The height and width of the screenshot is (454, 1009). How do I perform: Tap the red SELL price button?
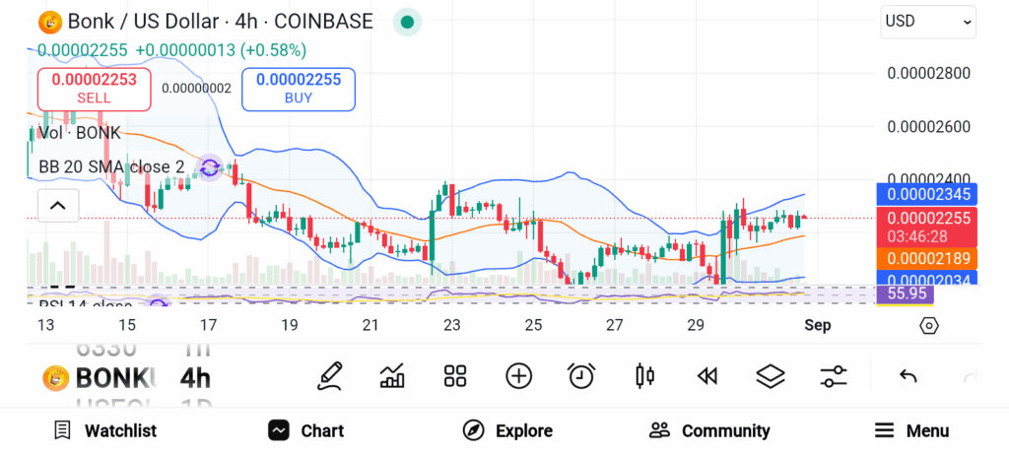(x=94, y=89)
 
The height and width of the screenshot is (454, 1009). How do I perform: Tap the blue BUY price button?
(x=298, y=89)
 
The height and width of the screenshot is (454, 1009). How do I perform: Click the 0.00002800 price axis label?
(x=929, y=73)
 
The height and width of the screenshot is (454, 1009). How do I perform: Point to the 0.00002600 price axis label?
(x=929, y=126)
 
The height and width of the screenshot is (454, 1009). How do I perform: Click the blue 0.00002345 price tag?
(x=926, y=194)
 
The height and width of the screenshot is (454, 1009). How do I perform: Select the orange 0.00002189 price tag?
(x=926, y=258)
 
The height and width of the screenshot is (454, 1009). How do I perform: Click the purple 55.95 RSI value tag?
(x=907, y=293)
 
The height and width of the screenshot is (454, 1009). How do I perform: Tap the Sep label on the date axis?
(x=817, y=325)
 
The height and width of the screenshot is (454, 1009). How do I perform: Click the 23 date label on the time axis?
(x=451, y=325)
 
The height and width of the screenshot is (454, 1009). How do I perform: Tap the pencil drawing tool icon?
(x=330, y=375)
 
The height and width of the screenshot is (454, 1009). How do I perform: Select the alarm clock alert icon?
(x=581, y=375)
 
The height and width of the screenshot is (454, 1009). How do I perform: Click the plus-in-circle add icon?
(x=518, y=375)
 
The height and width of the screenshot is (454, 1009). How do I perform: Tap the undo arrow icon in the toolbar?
(x=908, y=375)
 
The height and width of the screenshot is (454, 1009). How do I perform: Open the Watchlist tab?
(x=105, y=430)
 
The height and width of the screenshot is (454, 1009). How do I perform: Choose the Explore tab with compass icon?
(x=507, y=430)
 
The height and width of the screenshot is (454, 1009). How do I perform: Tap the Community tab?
(x=709, y=430)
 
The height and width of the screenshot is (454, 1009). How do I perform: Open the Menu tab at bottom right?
(x=911, y=430)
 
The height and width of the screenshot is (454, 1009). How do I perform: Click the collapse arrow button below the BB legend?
(x=57, y=205)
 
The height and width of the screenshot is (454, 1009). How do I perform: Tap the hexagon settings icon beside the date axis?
(x=928, y=325)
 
